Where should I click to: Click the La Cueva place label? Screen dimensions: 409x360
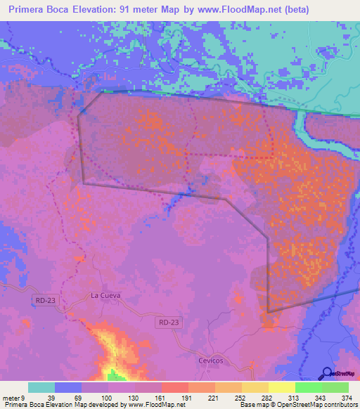(105, 295)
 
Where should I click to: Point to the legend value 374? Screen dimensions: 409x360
(346, 397)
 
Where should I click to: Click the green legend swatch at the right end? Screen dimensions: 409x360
(335, 387)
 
